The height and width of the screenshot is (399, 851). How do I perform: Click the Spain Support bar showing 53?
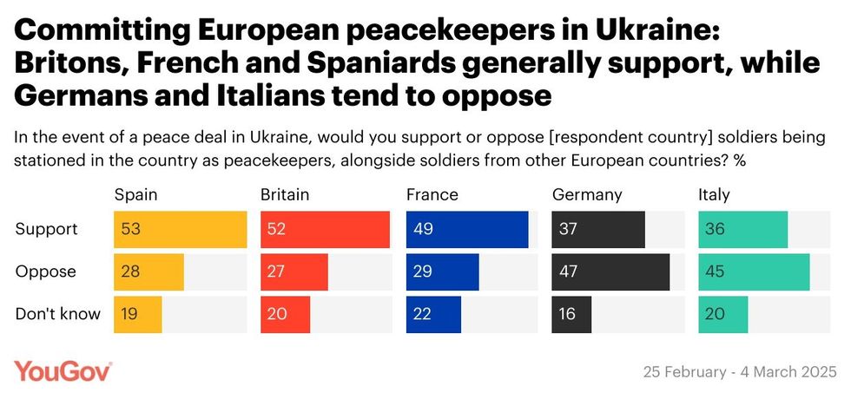[x=181, y=230]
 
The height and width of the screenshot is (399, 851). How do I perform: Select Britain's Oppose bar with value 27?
[x=294, y=271]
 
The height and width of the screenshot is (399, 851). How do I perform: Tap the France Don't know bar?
[x=433, y=314]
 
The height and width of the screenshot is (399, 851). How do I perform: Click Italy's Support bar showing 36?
[x=743, y=230]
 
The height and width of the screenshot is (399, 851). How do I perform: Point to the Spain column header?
[x=135, y=194]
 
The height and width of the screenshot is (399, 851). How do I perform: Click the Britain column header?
[x=285, y=194]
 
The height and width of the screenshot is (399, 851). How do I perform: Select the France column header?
[x=432, y=194]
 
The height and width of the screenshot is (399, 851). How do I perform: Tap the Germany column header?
[x=587, y=194]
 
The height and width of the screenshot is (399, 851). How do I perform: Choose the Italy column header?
[x=714, y=194]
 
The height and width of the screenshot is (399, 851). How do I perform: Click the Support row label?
[x=47, y=230]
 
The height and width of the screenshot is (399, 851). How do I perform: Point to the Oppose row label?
[x=46, y=271]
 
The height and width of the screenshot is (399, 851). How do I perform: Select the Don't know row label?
[x=58, y=314]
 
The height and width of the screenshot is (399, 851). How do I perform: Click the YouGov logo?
[x=63, y=371]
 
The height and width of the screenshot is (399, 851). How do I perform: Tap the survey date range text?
[x=739, y=372]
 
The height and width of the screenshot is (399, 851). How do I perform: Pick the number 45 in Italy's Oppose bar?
[x=716, y=271]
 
